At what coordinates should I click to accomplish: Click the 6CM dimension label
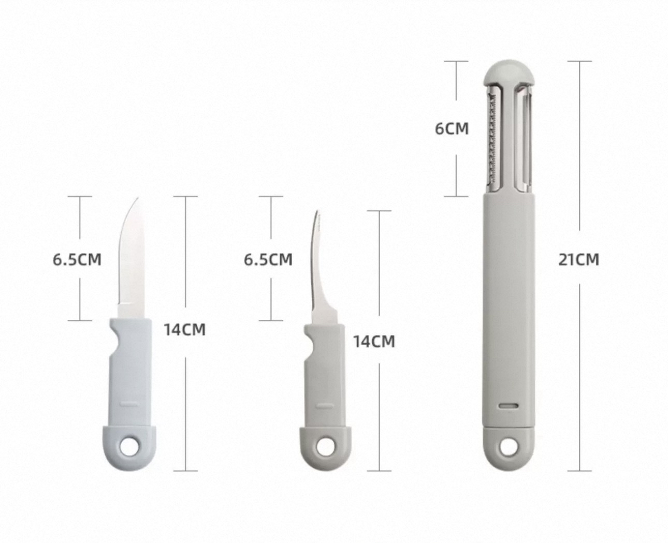[x=452, y=128]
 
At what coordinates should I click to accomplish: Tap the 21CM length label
[x=578, y=259]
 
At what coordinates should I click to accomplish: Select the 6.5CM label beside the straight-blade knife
[x=77, y=259]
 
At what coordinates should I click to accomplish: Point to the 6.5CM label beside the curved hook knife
[x=268, y=259]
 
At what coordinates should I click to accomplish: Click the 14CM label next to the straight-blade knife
[x=185, y=330]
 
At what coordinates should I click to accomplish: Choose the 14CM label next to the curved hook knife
[x=374, y=342]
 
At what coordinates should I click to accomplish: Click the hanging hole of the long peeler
[x=509, y=446]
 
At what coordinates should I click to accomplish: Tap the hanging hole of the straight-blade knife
[x=129, y=446]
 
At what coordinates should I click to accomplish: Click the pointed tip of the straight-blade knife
[x=138, y=198]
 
